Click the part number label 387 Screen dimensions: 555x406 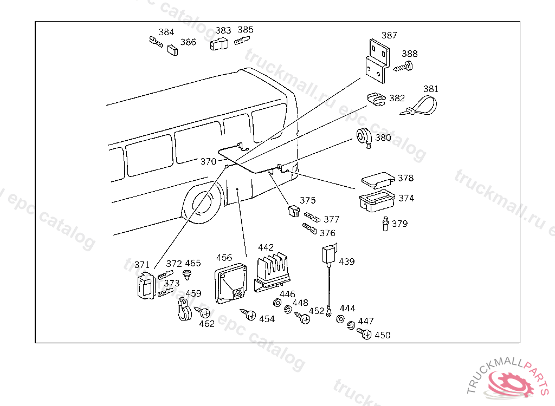389,35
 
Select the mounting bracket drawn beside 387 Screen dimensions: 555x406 378,61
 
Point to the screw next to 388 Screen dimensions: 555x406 404,67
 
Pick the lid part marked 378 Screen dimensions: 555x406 378,180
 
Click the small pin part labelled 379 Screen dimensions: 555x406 385,224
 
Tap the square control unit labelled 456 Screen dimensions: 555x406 230,283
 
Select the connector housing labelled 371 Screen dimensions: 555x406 146,286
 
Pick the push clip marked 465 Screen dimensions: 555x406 186,274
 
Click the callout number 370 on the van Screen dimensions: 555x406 208,162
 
